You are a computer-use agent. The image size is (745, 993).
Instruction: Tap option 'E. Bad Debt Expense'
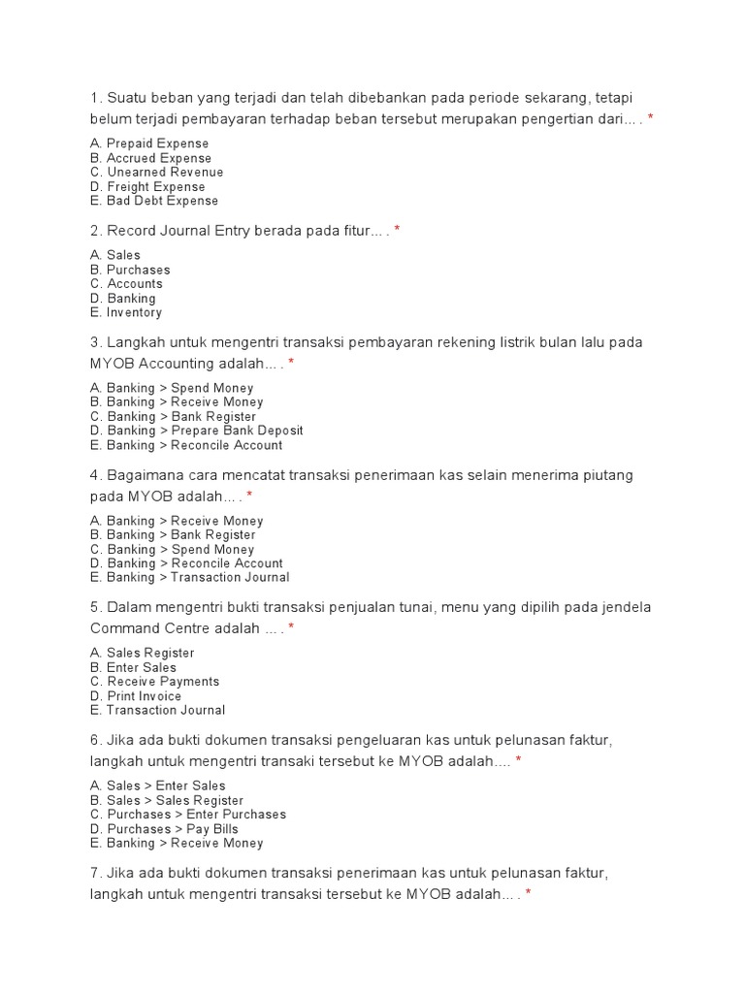coord(153,201)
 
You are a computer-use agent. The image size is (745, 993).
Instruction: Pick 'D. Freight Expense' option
coord(147,186)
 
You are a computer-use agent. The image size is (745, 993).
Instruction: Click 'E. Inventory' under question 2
coord(125,312)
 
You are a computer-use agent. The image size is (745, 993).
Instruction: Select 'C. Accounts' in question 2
coord(126,283)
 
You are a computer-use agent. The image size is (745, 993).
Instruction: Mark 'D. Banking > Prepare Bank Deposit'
coord(196,431)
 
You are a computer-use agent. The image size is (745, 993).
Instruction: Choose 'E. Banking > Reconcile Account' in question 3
coord(186,445)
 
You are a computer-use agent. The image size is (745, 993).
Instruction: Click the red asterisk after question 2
coord(398,231)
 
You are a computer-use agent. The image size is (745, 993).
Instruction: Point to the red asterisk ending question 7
coord(529,893)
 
